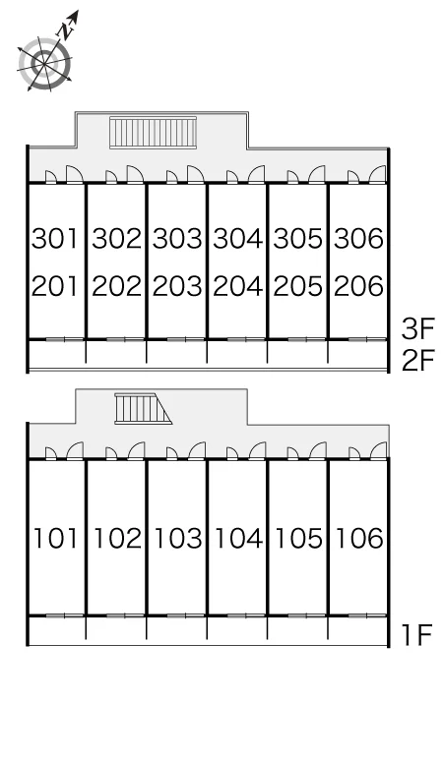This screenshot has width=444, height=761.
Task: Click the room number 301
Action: pyautogui.click(x=55, y=238)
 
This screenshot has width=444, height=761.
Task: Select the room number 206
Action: pyautogui.click(x=358, y=286)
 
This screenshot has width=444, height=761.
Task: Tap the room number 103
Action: pyautogui.click(x=178, y=538)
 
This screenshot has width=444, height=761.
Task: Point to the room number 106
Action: pyautogui.click(x=359, y=538)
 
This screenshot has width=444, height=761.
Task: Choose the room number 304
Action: pyautogui.click(x=237, y=238)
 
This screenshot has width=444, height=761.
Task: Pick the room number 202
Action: pyautogui.click(x=116, y=286)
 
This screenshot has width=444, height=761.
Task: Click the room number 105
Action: pyautogui.click(x=298, y=538)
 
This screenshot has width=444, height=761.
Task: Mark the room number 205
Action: pyautogui.click(x=297, y=286)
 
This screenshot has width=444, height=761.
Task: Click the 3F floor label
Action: pyautogui.click(x=417, y=328)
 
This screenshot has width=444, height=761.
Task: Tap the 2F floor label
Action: pyautogui.click(x=417, y=360)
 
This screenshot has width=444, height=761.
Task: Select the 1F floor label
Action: pyautogui.click(x=417, y=635)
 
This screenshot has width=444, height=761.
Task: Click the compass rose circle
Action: pyautogui.click(x=45, y=64)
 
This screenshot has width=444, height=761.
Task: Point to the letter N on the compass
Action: pyautogui.click(x=66, y=31)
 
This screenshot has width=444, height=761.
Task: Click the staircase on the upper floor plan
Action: pyautogui.click(x=153, y=132)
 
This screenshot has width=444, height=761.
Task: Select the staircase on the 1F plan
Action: pyautogui.click(x=144, y=409)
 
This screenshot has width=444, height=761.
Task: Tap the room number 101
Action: pyautogui.click(x=55, y=538)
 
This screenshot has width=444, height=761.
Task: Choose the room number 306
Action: pyautogui.click(x=358, y=238)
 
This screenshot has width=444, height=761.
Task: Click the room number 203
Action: pyautogui.click(x=177, y=286)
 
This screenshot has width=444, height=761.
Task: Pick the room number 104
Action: pyautogui.click(x=238, y=538)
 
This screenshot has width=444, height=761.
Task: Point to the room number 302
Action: pyautogui.click(x=116, y=238)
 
